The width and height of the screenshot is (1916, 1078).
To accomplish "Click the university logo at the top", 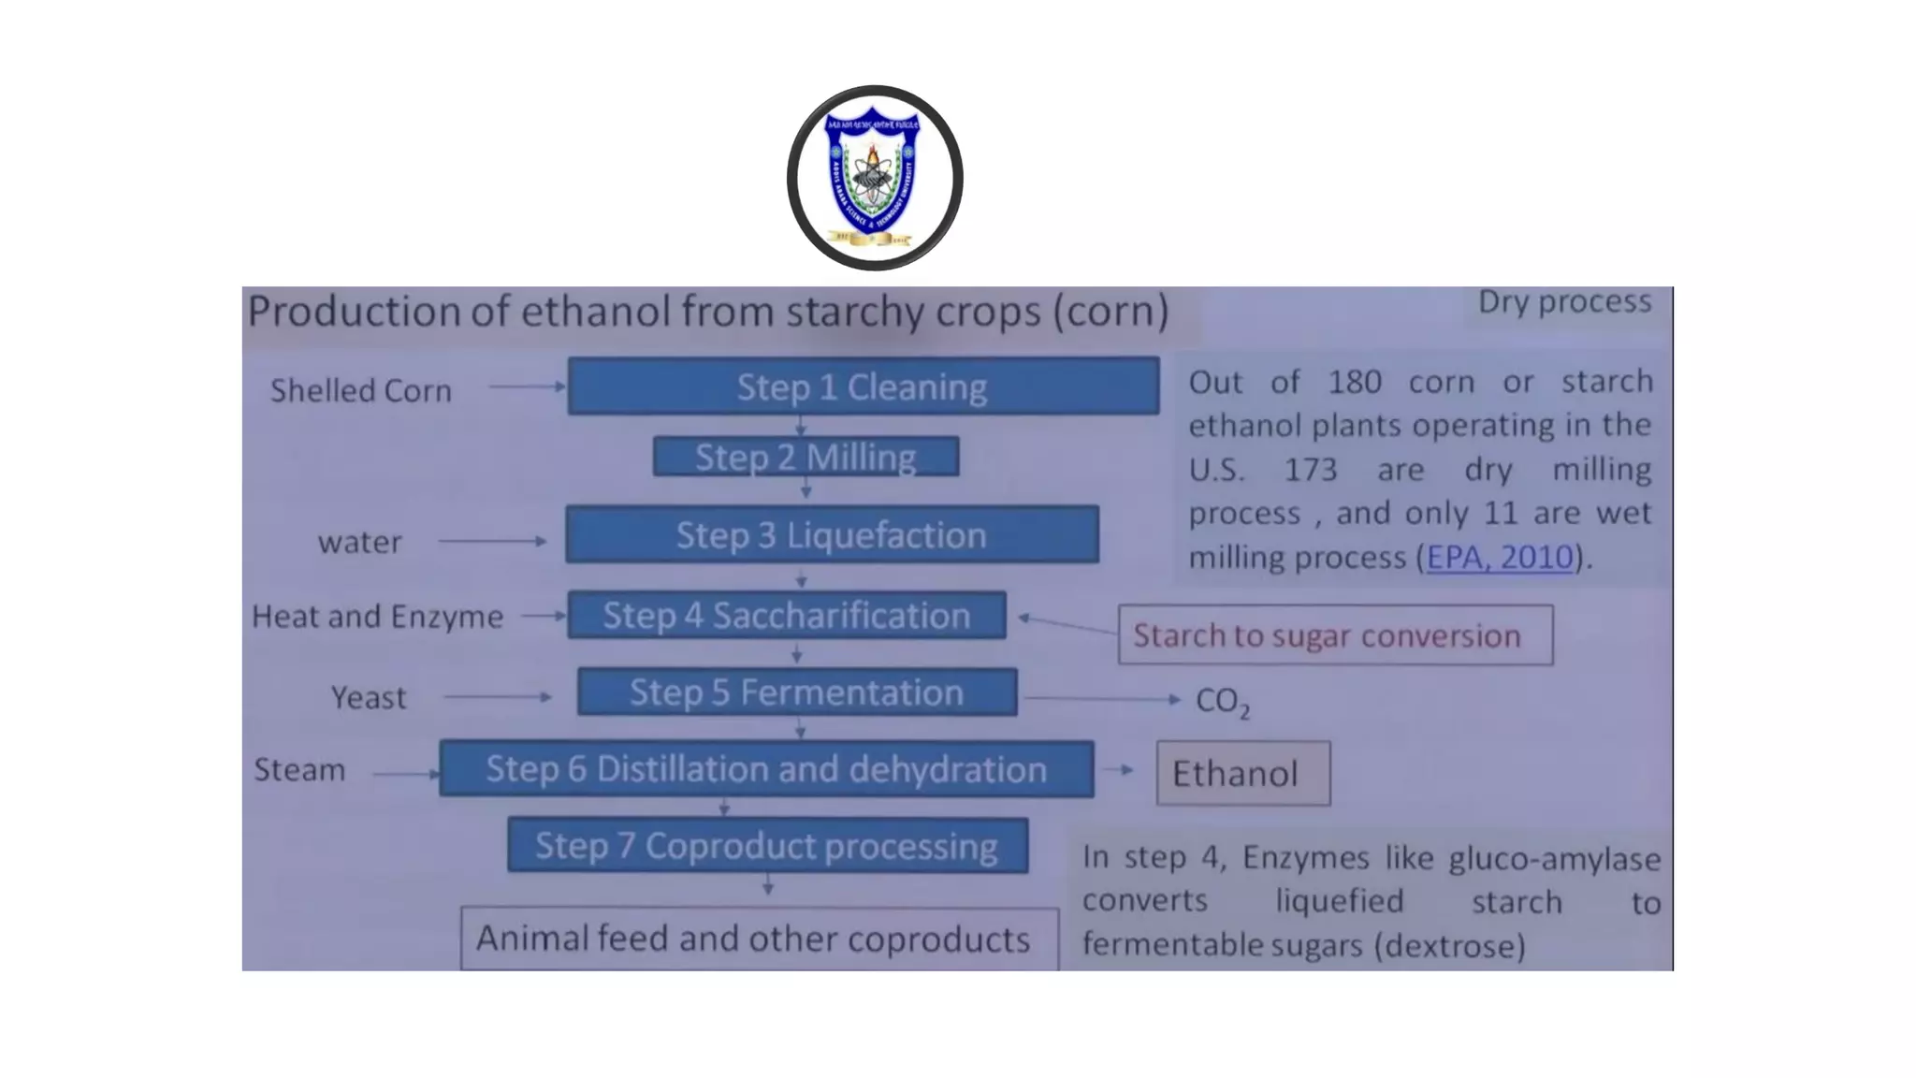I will click(875, 178).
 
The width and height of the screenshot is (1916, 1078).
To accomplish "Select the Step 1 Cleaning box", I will click(863, 386).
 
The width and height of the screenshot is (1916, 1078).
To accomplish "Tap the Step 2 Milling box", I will click(806, 457).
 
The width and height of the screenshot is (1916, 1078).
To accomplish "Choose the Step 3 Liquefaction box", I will click(832, 534).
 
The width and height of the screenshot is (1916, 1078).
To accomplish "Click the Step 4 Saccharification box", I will click(786, 615).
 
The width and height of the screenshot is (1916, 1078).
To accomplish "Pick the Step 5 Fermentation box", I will click(796, 692).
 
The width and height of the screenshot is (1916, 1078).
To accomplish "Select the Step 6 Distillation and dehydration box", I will click(766, 768).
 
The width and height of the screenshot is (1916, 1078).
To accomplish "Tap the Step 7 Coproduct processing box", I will click(767, 845).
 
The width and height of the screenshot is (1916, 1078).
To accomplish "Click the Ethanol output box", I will click(1242, 773).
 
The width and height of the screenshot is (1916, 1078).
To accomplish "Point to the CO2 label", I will click(1222, 701).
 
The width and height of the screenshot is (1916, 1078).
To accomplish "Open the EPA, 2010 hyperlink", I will click(1500, 557).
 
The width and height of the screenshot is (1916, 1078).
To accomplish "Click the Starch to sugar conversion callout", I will click(1335, 635).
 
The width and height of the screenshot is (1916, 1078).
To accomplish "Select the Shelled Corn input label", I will click(361, 389).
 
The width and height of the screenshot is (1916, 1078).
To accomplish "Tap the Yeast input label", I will click(369, 697).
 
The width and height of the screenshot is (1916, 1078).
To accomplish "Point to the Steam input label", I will click(299, 769).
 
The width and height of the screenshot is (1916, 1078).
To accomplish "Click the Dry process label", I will click(1564, 301).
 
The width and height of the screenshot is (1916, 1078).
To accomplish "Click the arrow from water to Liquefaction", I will click(493, 541).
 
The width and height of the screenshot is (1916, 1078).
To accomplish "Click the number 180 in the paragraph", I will click(1354, 382).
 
